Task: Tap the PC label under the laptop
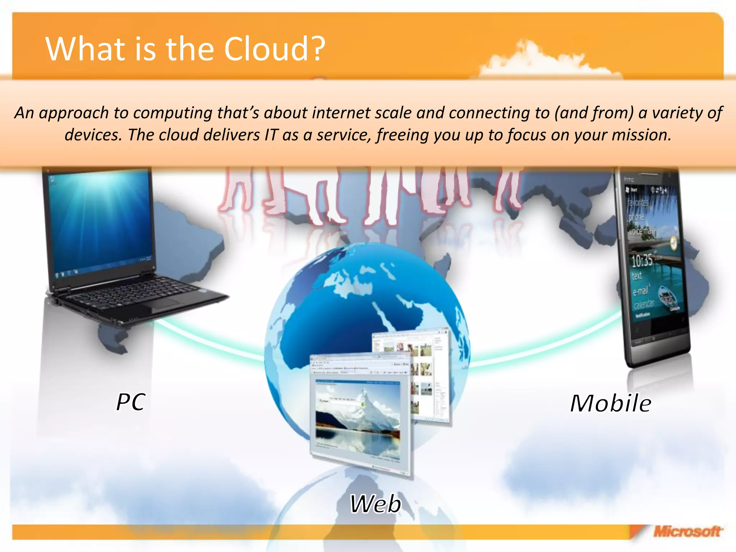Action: [x=131, y=402]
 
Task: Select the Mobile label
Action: [x=611, y=403]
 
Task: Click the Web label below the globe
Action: [x=376, y=503]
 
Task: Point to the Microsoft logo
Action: [x=687, y=531]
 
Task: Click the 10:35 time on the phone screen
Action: [x=642, y=260]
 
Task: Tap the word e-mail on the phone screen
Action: [x=641, y=290]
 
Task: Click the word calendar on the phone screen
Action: [x=644, y=304]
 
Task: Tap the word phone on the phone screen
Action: [x=636, y=217]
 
